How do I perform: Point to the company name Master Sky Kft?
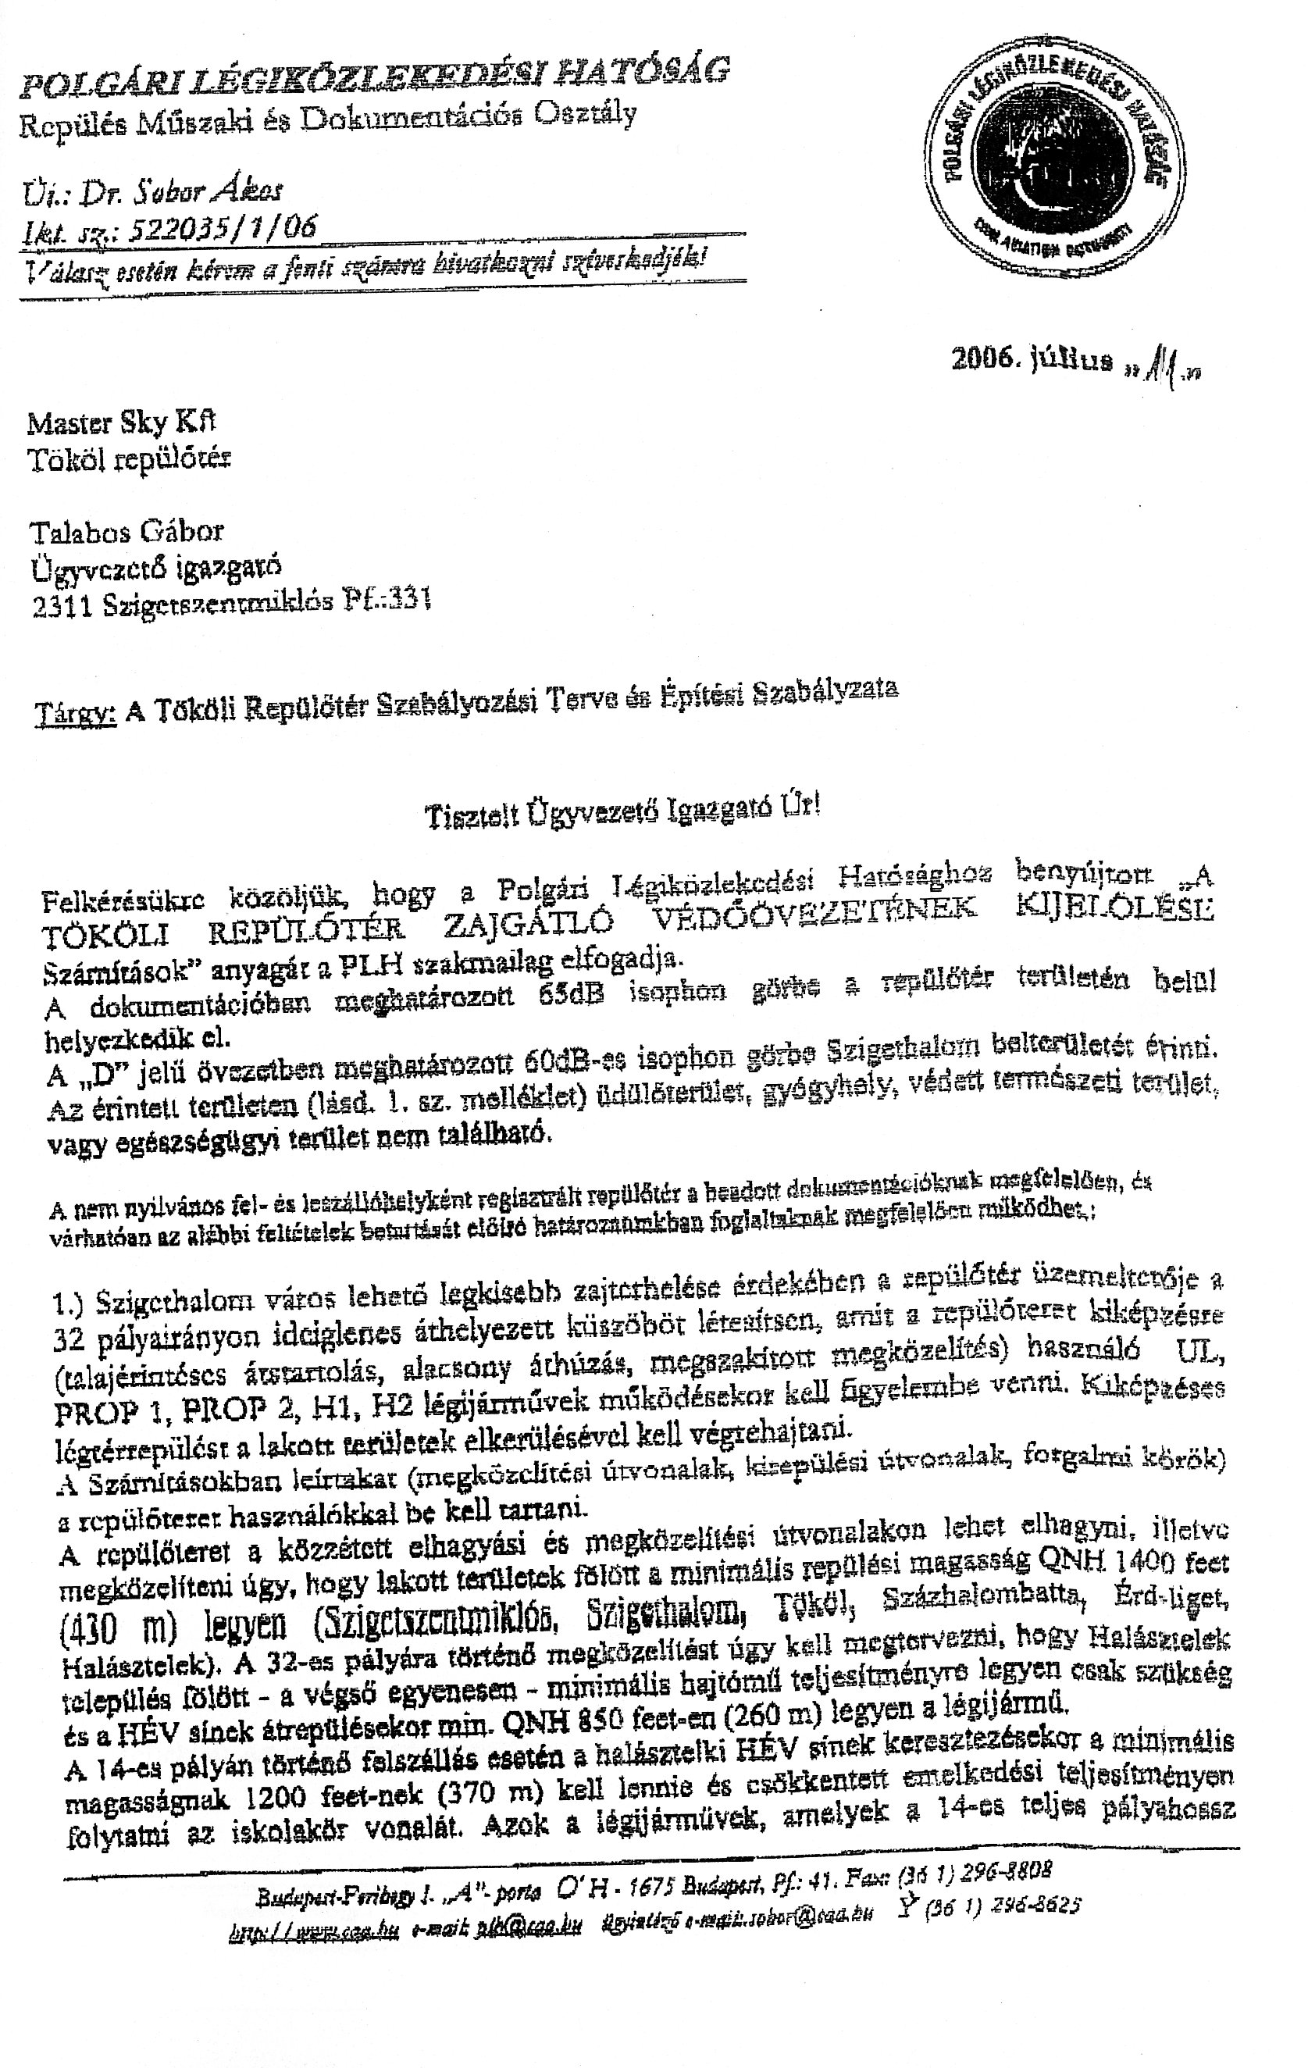click(x=121, y=423)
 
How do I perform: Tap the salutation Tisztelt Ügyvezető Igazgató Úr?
click(x=622, y=813)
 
